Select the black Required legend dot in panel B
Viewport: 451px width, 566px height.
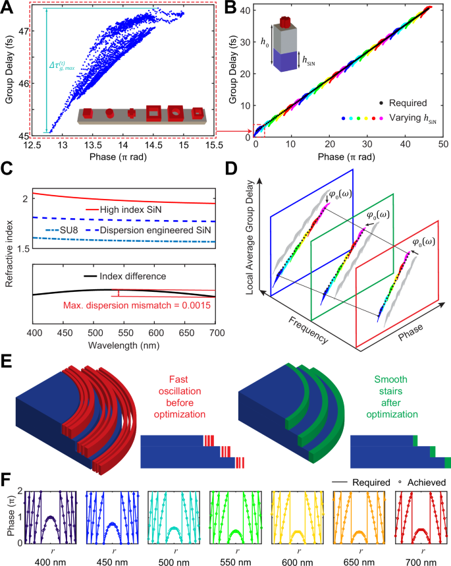click(383, 104)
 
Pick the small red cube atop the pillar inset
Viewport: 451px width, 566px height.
click(285, 24)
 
